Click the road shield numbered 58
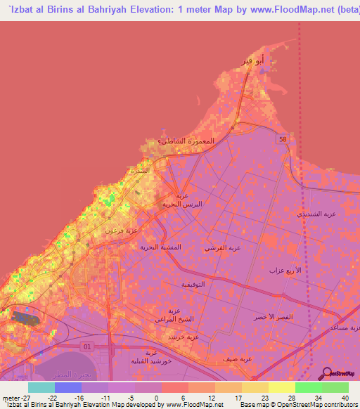point(282,140)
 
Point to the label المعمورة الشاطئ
point(183,141)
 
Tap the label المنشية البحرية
point(160,247)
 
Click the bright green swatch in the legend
point(308,387)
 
